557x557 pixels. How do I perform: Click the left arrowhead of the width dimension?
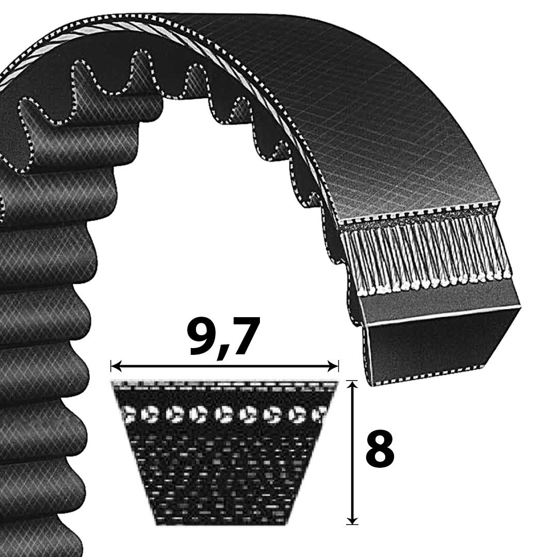(116, 366)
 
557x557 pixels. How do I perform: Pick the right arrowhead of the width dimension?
(333, 366)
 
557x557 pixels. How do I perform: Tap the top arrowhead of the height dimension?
(352, 386)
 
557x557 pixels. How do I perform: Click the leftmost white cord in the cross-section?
(127, 414)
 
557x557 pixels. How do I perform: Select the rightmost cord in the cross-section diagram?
(319, 414)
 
